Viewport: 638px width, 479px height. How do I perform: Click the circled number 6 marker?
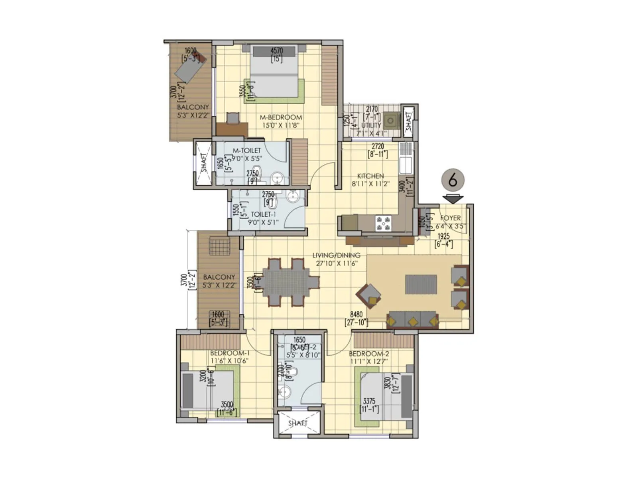tap(453, 180)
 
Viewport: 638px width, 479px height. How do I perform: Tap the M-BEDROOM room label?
tap(281, 117)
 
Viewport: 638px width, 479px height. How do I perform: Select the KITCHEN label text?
tap(370, 176)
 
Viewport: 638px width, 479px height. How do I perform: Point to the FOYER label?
tap(450, 218)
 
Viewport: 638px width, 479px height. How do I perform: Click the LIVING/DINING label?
tap(336, 255)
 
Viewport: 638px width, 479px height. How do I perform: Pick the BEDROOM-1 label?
tap(230, 353)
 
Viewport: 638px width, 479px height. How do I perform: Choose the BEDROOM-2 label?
tap(369, 354)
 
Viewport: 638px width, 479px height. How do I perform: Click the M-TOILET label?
tap(246, 150)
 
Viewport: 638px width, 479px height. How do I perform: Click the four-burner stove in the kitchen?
tap(383, 224)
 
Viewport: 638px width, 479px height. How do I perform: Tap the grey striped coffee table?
tap(421, 284)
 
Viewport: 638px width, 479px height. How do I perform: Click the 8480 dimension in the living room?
tap(356, 315)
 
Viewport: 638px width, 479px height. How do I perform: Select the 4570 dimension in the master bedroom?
tap(277, 51)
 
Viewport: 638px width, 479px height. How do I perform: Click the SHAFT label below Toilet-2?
tap(297, 423)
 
